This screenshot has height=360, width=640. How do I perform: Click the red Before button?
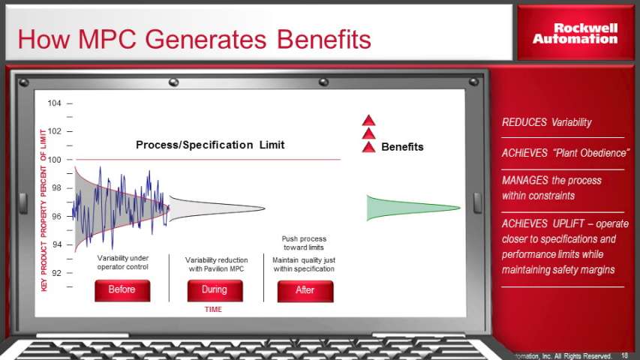click(x=122, y=290)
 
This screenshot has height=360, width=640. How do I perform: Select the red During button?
click(x=215, y=290)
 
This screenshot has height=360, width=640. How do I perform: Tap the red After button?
click(x=305, y=291)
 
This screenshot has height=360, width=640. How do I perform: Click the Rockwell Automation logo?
click(x=575, y=34)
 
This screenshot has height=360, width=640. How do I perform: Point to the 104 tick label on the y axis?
click(x=54, y=103)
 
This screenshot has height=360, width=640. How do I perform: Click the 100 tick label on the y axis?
click(x=54, y=160)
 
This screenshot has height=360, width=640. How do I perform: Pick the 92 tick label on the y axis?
click(x=56, y=273)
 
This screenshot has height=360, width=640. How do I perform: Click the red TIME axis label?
click(x=213, y=310)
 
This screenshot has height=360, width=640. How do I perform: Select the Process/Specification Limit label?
click(x=210, y=145)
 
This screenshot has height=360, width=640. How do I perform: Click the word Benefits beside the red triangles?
click(x=402, y=147)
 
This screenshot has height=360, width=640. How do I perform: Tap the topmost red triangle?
click(x=368, y=121)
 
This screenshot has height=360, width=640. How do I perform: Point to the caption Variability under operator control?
click(x=123, y=262)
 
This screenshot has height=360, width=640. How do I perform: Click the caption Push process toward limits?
click(x=304, y=243)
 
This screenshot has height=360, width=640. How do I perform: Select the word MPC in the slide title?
click(x=107, y=39)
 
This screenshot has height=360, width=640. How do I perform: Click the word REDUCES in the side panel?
click(x=524, y=122)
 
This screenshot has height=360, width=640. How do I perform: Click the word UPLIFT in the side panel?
click(x=569, y=223)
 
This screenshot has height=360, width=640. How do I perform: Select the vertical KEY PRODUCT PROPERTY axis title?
click(x=44, y=210)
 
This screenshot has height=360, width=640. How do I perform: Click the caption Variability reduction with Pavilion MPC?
click(x=216, y=265)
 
